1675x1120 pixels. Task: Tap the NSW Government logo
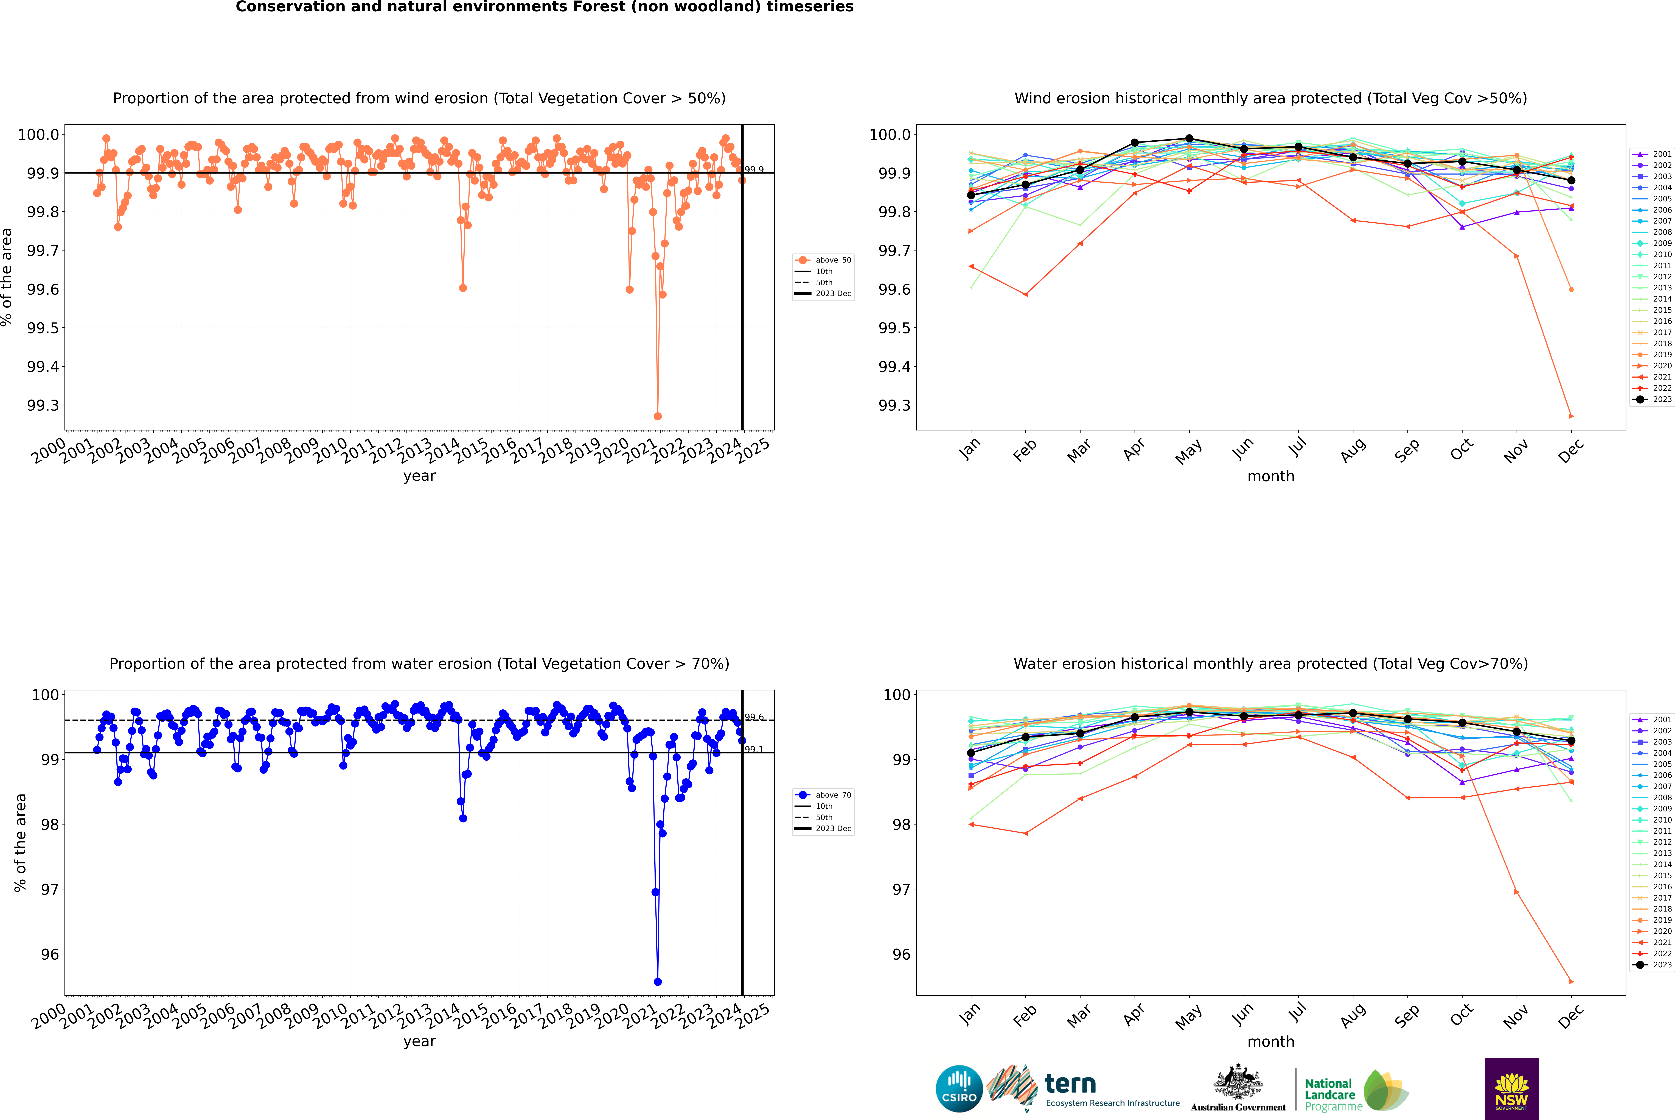coord(1511,1089)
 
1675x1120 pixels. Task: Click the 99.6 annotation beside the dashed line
coord(754,717)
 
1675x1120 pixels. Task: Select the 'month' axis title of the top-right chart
coord(1270,477)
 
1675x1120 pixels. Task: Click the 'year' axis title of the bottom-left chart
coord(419,1041)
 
